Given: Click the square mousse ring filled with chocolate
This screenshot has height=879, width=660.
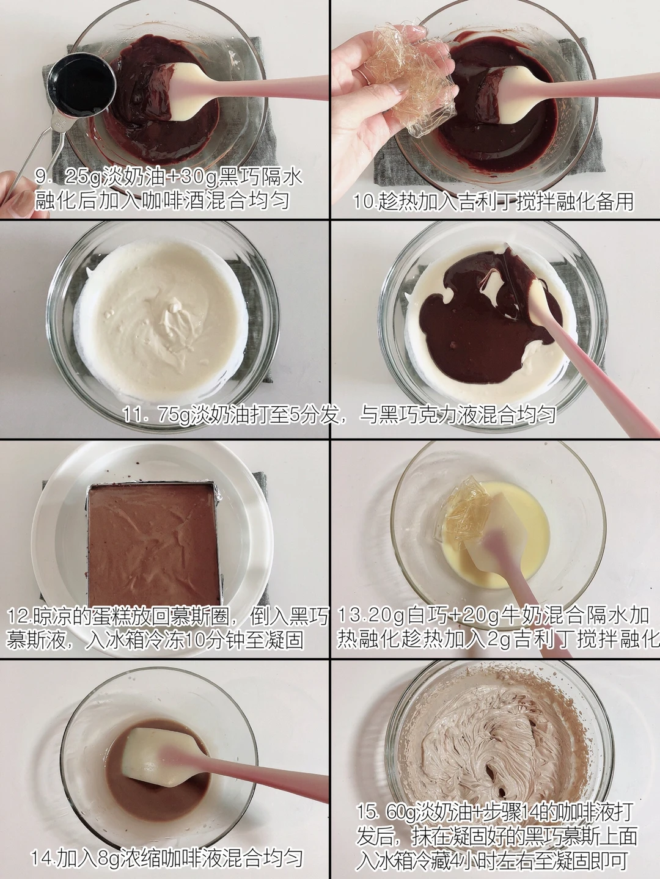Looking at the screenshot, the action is (x=154, y=545).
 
